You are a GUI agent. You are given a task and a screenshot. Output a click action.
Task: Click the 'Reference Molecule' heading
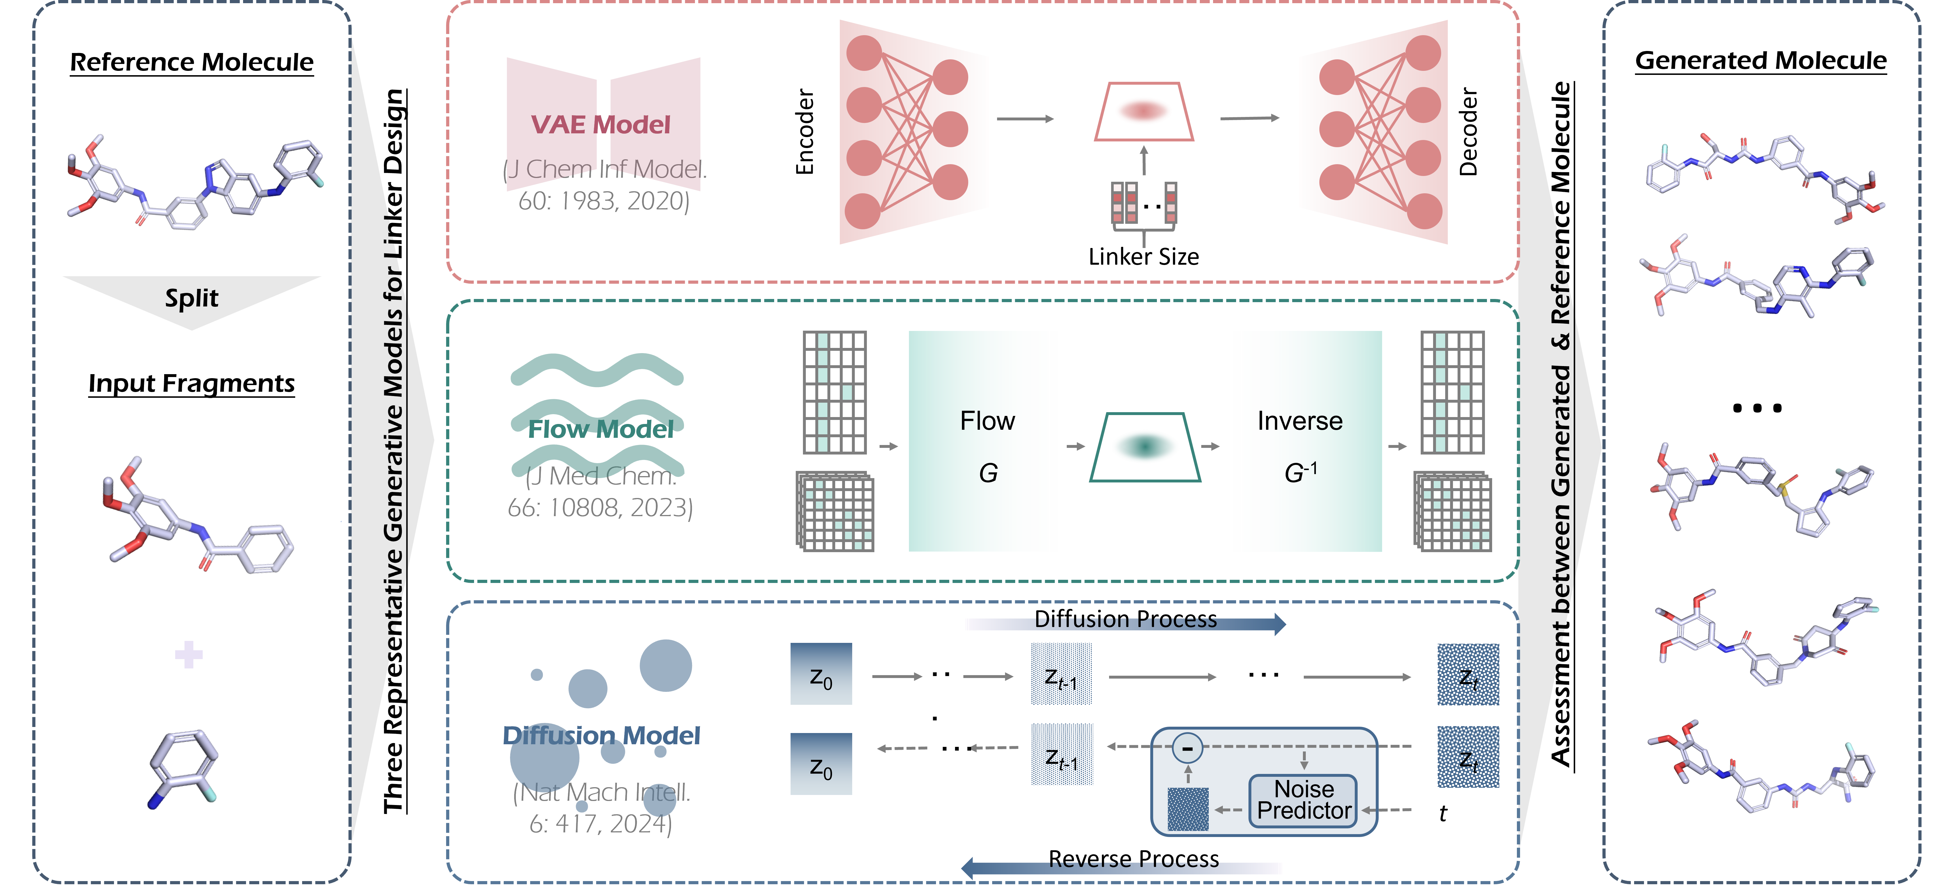pyautogui.click(x=192, y=62)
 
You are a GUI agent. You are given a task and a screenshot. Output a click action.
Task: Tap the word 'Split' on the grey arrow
pyautogui.click(x=192, y=298)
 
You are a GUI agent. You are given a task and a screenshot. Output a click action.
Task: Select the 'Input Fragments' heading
pyautogui.click(x=192, y=383)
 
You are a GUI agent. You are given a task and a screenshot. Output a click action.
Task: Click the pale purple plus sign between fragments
pyautogui.click(x=189, y=654)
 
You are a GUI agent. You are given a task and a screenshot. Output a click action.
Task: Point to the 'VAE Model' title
pyautogui.click(x=601, y=124)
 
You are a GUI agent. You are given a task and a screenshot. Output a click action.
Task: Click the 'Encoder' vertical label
pyautogui.click(x=805, y=132)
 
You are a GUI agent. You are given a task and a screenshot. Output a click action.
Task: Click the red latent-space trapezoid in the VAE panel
pyautogui.click(x=1144, y=112)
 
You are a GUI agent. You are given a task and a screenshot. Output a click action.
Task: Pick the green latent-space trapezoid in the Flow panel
pyautogui.click(x=1145, y=447)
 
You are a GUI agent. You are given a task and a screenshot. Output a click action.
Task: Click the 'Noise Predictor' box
pyautogui.click(x=1303, y=800)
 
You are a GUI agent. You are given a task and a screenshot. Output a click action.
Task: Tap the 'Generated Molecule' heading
pyautogui.click(x=1761, y=60)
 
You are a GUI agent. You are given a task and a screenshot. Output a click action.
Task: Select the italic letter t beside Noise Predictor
pyautogui.click(x=1443, y=813)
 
